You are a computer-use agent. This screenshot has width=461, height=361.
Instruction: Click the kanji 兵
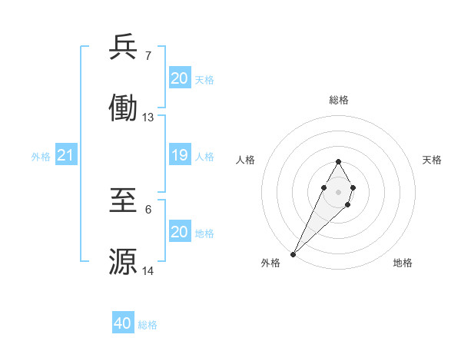pyautogui.click(x=123, y=48)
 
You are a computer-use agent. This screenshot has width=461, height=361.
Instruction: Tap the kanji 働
pyautogui.click(x=123, y=109)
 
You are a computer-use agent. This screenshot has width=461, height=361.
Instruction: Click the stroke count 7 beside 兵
pyautogui.click(x=148, y=55)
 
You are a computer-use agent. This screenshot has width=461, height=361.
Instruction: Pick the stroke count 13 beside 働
pyautogui.click(x=148, y=118)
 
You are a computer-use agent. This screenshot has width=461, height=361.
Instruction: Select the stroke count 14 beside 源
pyautogui.click(x=148, y=270)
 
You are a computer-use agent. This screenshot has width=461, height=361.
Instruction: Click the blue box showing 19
pyautogui.click(x=179, y=156)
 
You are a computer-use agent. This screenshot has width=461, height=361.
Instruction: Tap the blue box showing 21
pyautogui.click(x=65, y=156)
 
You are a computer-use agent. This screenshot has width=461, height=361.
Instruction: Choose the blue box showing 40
pyautogui.click(x=122, y=324)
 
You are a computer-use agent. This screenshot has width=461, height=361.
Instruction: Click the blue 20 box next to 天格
pyautogui.click(x=179, y=79)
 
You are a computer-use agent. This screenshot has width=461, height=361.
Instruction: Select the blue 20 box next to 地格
pyautogui.click(x=179, y=233)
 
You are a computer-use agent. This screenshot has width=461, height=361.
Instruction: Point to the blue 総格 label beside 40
pyautogui.click(x=148, y=325)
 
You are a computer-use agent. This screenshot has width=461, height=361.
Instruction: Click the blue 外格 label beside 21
pyautogui.click(x=41, y=157)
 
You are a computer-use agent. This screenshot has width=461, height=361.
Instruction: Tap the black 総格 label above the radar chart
pyautogui.click(x=338, y=100)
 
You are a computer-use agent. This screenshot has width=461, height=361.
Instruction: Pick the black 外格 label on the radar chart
pyautogui.click(x=270, y=263)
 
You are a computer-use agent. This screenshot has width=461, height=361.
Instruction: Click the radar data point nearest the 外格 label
pyautogui.click(x=293, y=253)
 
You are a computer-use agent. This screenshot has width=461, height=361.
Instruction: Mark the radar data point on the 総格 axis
pyautogui.click(x=338, y=161)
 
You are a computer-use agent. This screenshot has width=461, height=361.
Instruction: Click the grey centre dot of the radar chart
pyautogui.click(x=338, y=191)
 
